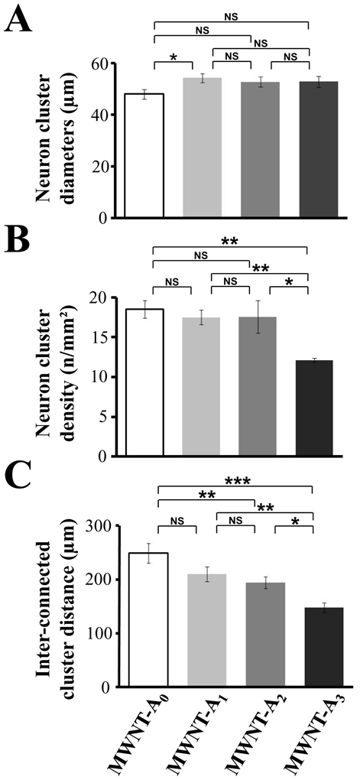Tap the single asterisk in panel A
click(173, 58)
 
